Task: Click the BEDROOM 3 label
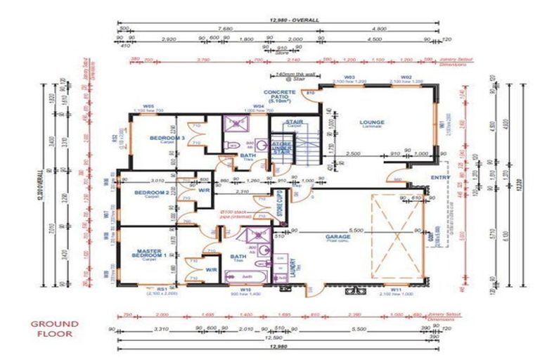[167, 139]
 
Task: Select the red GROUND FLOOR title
[54, 329]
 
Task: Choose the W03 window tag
[349, 77]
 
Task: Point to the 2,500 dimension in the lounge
[353, 153]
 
